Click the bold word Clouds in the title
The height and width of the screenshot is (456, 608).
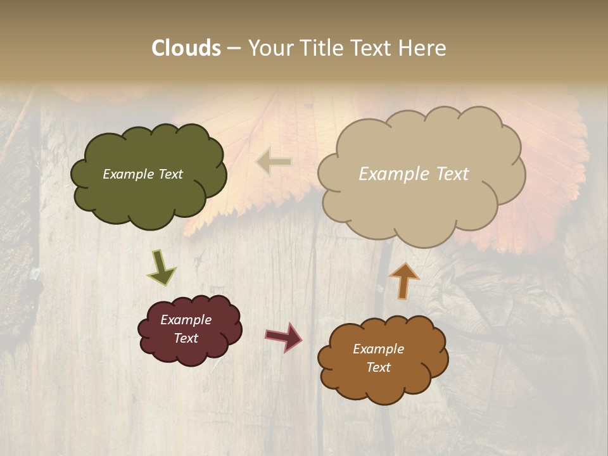tap(186, 48)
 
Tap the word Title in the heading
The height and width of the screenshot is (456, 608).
tap(324, 48)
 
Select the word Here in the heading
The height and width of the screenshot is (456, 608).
tap(423, 48)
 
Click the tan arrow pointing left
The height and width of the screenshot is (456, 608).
tap(274, 162)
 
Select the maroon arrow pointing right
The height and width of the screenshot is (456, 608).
tap(284, 337)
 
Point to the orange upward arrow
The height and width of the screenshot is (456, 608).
tap(404, 281)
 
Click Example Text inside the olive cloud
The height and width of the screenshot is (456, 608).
tap(142, 174)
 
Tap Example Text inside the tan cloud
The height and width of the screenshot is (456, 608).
tap(414, 174)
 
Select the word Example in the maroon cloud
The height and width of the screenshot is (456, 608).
tap(186, 320)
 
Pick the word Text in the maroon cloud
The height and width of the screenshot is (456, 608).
tap(186, 338)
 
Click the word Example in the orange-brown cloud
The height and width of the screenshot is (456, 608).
tap(378, 349)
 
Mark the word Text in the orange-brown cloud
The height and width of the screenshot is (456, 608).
tap(378, 367)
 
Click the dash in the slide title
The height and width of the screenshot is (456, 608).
tap(234, 48)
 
